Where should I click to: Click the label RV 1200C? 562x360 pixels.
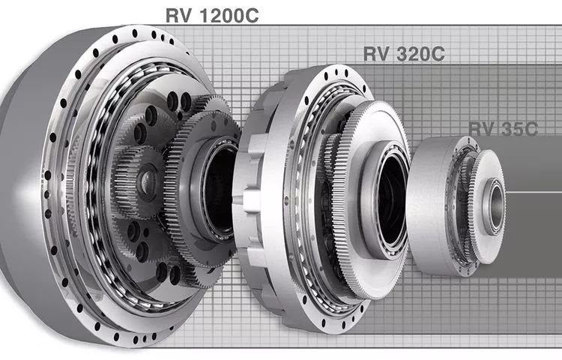point(212,16)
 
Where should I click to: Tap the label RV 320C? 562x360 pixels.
point(404,54)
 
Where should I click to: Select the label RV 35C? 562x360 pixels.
point(504,129)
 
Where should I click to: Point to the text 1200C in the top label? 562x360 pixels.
point(229,16)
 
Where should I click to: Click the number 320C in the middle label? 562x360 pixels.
point(421,54)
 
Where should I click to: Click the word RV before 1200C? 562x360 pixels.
point(178,16)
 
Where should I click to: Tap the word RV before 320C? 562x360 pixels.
point(376,54)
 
